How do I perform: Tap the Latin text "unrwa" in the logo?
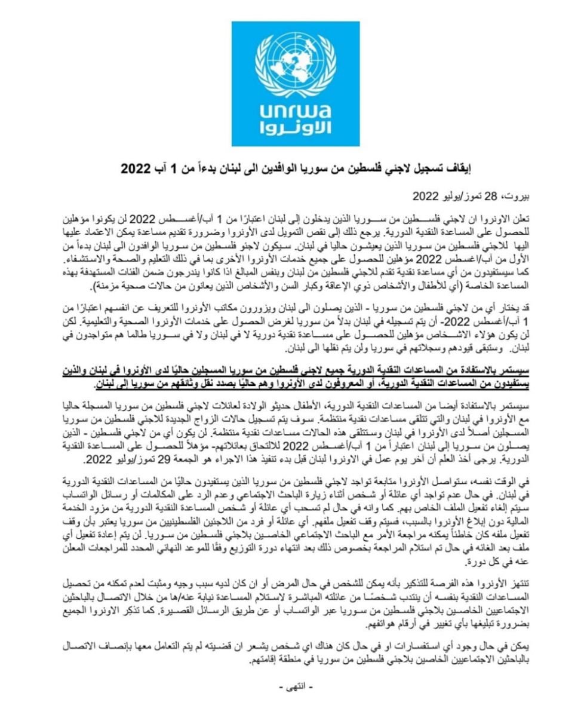point(293,112)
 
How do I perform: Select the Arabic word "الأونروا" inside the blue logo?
point(293,129)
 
